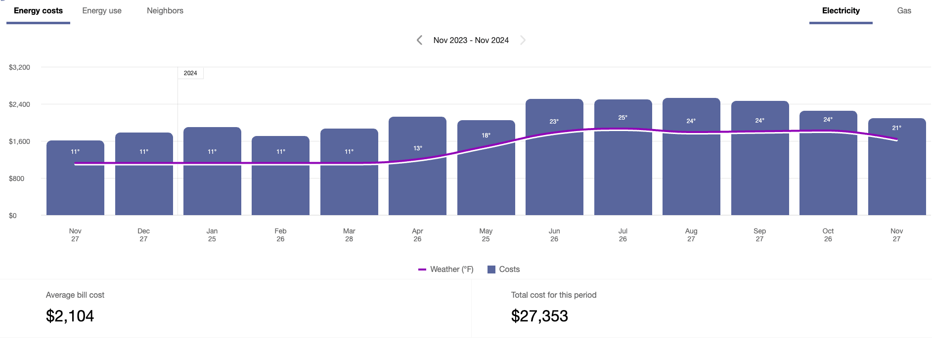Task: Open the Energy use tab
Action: tap(102, 11)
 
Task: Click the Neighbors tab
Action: tap(165, 11)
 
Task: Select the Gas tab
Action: tap(904, 11)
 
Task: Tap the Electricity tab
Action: tap(841, 11)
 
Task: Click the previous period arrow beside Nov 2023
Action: tap(419, 40)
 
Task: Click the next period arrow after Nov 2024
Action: tap(523, 40)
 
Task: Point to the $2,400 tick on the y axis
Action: tap(19, 104)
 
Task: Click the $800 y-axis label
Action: tap(16, 179)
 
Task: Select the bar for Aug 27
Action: tap(691, 173)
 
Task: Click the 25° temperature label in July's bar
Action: tap(622, 118)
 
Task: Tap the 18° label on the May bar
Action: tap(486, 135)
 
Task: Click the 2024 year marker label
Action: tap(190, 73)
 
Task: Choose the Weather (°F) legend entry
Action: tap(446, 270)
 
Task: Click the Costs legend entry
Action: tap(504, 270)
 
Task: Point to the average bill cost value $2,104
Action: tap(70, 316)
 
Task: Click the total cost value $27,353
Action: tap(539, 316)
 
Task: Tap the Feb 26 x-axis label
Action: tap(280, 235)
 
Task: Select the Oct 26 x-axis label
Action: tap(828, 235)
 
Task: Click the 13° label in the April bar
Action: tap(418, 148)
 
